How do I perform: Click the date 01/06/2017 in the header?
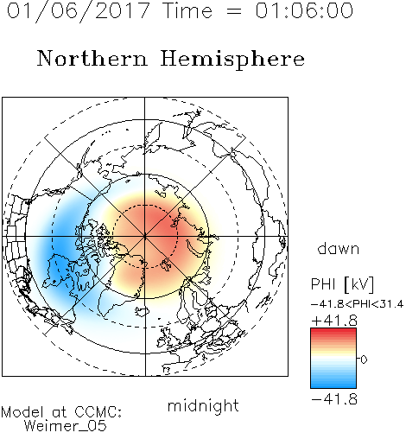pos(78,11)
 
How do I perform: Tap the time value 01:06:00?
pos(304,10)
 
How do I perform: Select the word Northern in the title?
pos(92,58)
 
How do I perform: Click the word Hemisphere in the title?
pos(232,60)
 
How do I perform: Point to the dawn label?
pos(339,248)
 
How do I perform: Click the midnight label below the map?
pos(203,405)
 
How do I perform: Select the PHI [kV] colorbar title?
pos(342,284)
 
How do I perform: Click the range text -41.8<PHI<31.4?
pos(357,304)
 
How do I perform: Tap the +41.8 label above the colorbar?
pos(334,321)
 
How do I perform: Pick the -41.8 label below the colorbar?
pos(334,399)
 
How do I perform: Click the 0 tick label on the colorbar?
pos(364,359)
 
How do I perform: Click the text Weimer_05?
pos(66,425)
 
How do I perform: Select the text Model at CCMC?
pos(61,412)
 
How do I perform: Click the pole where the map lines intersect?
pos(145,237)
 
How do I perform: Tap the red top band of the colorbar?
pos(333,331)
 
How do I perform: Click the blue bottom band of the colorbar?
pos(333,385)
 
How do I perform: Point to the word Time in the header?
pos(187,10)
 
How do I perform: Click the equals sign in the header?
pos(234,11)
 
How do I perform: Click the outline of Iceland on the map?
pos(142,311)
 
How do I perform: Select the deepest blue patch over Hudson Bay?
pos(60,270)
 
